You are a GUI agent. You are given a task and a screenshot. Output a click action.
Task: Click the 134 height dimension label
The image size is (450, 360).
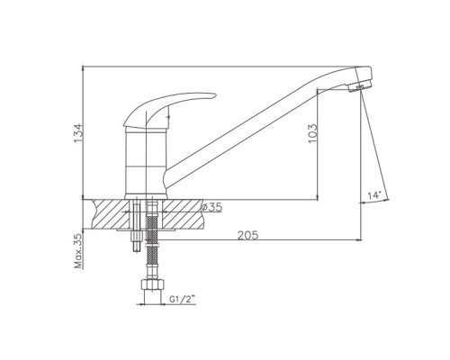(x=77, y=133)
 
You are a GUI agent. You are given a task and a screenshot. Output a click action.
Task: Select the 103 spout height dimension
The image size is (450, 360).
(x=312, y=133)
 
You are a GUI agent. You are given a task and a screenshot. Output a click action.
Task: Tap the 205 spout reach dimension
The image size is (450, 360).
(x=247, y=235)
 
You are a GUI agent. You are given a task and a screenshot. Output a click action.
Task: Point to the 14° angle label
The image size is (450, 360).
(x=374, y=195)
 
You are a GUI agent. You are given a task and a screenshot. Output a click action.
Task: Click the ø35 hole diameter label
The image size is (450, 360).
(x=211, y=207)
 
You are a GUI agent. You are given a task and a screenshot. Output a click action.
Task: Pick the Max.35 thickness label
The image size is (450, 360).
(x=78, y=251)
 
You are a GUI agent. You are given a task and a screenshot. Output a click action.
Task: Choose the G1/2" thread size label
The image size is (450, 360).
(x=183, y=299)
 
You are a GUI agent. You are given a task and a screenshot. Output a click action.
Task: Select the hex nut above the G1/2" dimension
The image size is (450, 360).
(x=153, y=284)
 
